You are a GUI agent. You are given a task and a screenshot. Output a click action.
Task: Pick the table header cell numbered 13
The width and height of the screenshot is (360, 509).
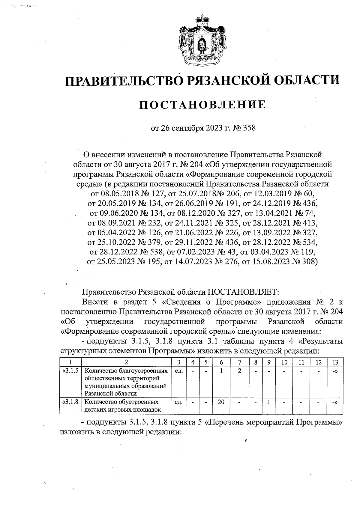pyautogui.click(x=335, y=362)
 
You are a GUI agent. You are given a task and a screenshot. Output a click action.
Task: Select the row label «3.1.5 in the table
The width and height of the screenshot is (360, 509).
pyautogui.click(x=70, y=371)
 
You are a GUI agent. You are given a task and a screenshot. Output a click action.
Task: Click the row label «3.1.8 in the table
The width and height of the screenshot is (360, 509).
pyautogui.click(x=70, y=402)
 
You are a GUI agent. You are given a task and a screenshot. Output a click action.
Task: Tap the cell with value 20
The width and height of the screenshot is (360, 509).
pyautogui.click(x=221, y=402)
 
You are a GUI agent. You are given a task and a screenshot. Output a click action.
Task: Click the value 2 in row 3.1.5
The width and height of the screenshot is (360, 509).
pyautogui.click(x=239, y=371)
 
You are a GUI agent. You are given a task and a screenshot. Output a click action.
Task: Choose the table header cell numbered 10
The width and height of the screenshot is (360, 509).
pyautogui.click(x=284, y=362)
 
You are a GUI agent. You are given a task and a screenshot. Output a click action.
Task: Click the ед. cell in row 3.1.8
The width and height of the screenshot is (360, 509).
pyautogui.click(x=178, y=402)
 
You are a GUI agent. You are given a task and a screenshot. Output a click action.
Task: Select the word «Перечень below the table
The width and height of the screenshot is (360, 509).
pyautogui.click(x=224, y=423)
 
